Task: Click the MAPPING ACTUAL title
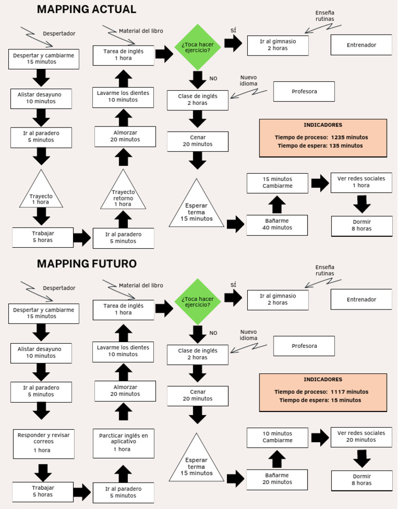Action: pyautogui.click(x=87, y=9)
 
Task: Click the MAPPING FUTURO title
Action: pyautogui.click(x=87, y=264)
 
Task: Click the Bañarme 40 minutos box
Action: pyautogui.click(x=277, y=225)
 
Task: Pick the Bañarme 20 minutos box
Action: pyautogui.click(x=277, y=479)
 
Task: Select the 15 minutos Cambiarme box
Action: pyautogui.click(x=277, y=183)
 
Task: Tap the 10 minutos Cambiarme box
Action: pyautogui.click(x=277, y=437)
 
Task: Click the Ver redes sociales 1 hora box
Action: pyautogui.click(x=361, y=182)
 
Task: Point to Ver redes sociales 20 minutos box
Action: pyautogui.click(x=361, y=437)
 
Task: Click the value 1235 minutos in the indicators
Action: pyautogui.click(x=350, y=137)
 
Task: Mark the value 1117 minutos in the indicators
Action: pyautogui.click(x=350, y=392)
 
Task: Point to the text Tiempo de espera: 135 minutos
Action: pyautogui.click(x=320, y=146)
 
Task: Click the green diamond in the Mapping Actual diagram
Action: pyautogui.click(x=197, y=47)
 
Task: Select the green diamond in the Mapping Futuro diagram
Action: pyautogui.click(x=197, y=302)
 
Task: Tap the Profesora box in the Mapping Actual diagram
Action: pyautogui.click(x=304, y=92)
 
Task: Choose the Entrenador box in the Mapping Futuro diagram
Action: pyautogui.click(x=361, y=299)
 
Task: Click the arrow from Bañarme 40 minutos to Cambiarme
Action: pyautogui.click(x=277, y=205)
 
